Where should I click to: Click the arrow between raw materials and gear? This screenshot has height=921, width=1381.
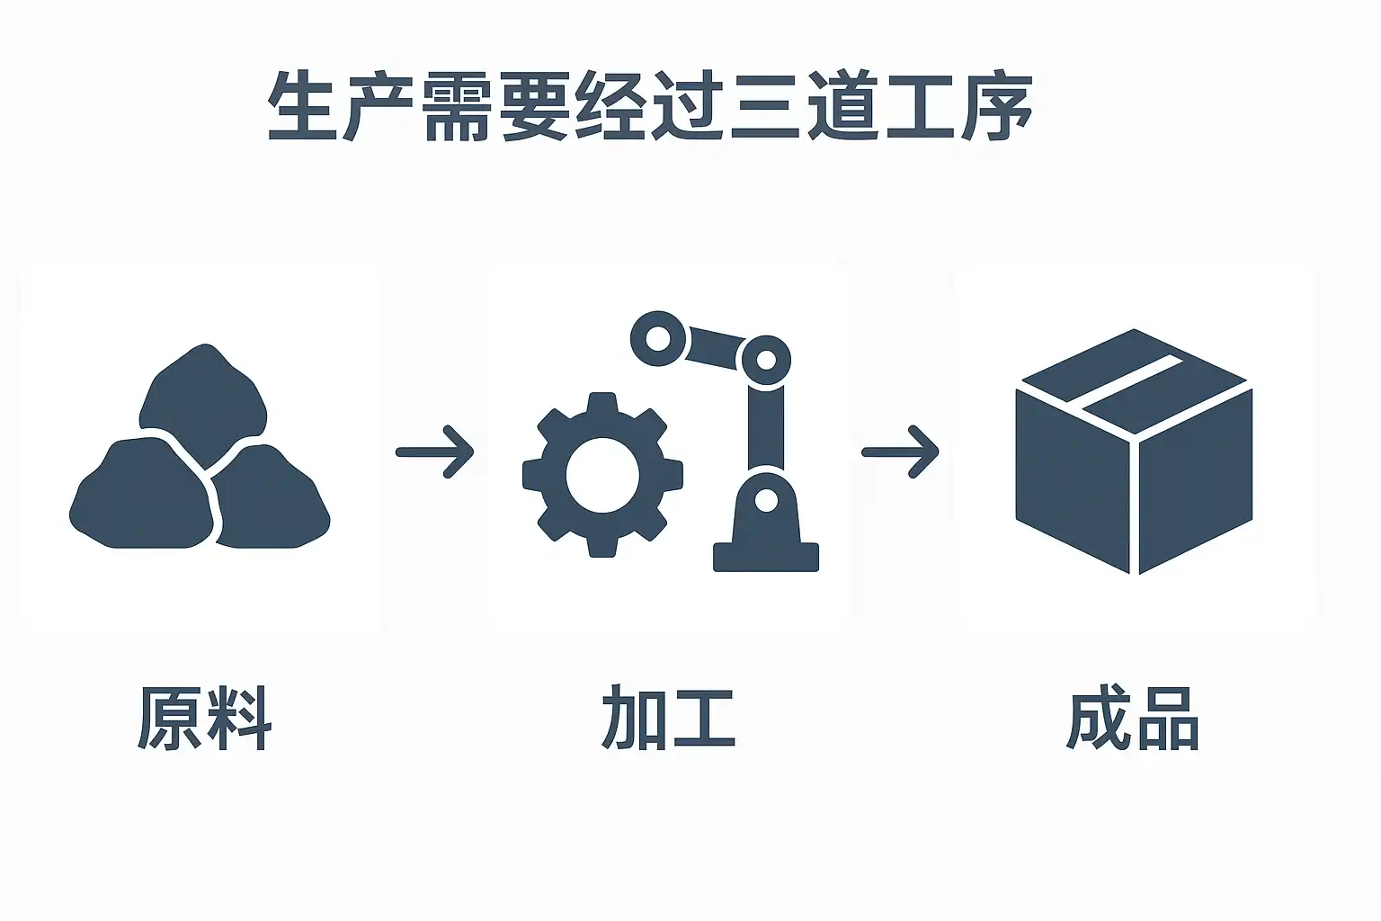tap(435, 452)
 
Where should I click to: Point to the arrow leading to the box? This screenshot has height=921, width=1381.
tap(900, 452)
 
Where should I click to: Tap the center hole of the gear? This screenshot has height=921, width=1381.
tap(602, 474)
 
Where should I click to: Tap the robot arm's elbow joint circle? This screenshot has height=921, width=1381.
tap(765, 361)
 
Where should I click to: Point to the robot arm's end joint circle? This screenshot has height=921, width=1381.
tap(657, 339)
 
